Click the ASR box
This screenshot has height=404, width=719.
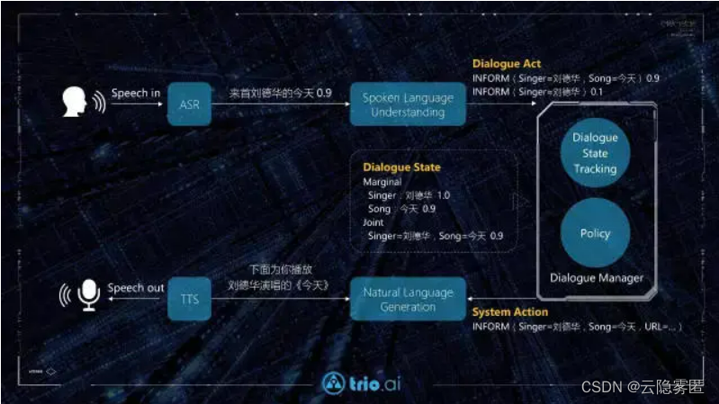click(x=188, y=104)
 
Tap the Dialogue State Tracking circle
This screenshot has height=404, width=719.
click(x=595, y=153)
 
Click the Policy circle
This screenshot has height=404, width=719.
click(x=595, y=232)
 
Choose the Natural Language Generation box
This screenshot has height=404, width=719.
click(x=408, y=299)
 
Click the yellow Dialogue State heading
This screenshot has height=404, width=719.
click(x=401, y=167)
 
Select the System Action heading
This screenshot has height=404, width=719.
click(x=510, y=312)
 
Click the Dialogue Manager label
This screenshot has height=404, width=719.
click(x=597, y=278)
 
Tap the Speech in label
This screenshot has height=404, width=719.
click(x=135, y=93)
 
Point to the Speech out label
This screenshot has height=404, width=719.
click(x=136, y=288)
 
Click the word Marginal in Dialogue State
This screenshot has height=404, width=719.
click(x=382, y=182)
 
